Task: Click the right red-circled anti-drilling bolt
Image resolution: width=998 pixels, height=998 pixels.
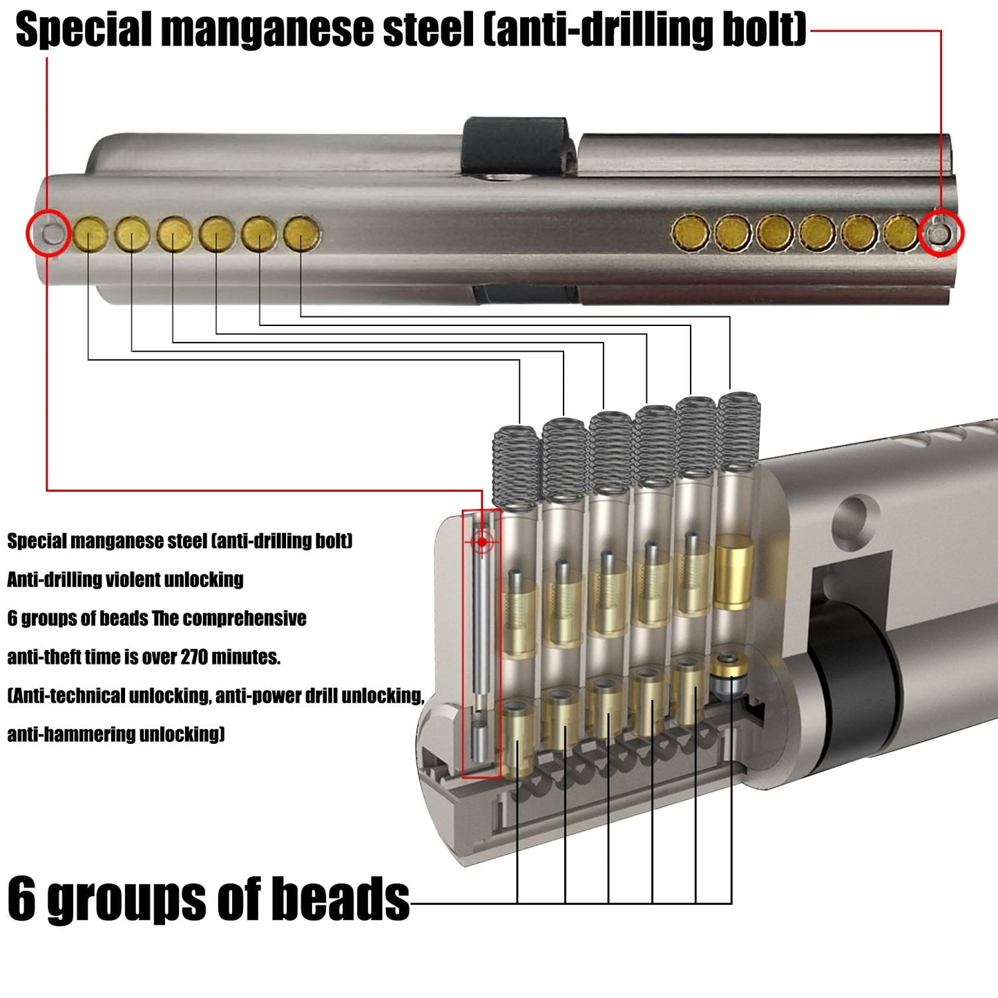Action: coord(939,233)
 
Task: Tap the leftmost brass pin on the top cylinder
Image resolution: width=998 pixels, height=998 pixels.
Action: coord(90,234)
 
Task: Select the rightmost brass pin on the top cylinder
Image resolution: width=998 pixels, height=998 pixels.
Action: coord(901,233)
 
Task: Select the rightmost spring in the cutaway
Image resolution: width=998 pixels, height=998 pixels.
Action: coord(739,432)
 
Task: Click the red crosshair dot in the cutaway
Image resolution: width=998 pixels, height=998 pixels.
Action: coord(481,542)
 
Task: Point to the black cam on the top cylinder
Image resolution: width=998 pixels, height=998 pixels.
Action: coord(515,145)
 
